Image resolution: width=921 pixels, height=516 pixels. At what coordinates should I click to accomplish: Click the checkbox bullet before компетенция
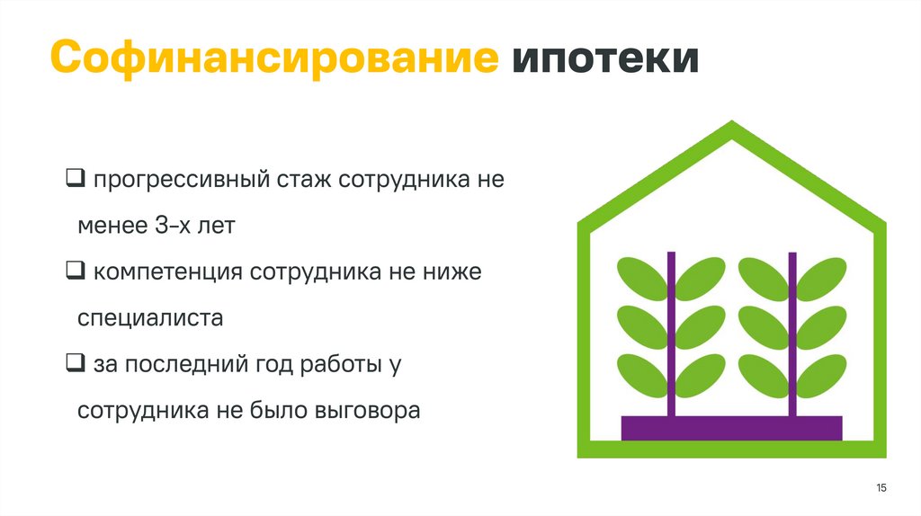click(75, 270)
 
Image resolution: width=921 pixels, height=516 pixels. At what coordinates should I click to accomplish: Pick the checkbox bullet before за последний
click(75, 363)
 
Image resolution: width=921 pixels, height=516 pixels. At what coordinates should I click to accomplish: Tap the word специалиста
click(150, 319)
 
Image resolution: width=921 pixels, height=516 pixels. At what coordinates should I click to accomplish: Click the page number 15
click(881, 487)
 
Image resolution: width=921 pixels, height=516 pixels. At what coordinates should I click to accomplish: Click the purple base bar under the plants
click(731, 428)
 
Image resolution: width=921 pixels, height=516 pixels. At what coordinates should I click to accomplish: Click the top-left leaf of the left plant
click(642, 277)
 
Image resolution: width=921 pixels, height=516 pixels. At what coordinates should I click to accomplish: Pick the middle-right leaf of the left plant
click(700, 326)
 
